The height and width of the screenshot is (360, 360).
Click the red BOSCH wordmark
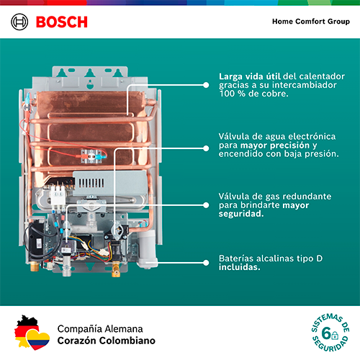pyautogui.click(x=62, y=22)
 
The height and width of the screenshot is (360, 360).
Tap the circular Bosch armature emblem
pyautogui.click(x=19, y=22)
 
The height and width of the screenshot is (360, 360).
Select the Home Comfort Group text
pyautogui.click(x=311, y=22)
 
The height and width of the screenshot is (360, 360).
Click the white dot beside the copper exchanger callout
pyautogui.click(x=206, y=85)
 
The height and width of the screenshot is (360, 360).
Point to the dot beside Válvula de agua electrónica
pyautogui.click(x=206, y=148)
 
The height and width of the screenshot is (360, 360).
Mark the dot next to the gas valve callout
pyautogui.click(x=206, y=205)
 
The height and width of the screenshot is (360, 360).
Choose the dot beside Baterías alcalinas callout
pyautogui.click(x=206, y=263)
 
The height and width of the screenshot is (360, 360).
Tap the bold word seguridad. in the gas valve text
pyautogui.click(x=241, y=214)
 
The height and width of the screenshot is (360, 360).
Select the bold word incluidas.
pyautogui.click(x=239, y=267)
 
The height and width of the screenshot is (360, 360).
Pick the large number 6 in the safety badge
pyautogui.click(x=326, y=333)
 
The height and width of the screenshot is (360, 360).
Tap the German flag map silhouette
pyautogui.click(x=25, y=330)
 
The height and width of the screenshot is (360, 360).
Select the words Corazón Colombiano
pyautogui.click(x=107, y=341)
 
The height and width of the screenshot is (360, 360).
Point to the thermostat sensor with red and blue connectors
pyautogui.click(x=92, y=156)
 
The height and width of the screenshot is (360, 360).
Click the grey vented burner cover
pyautogui.click(x=109, y=183)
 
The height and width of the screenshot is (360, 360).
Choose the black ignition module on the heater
pyautogui.click(x=37, y=238)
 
